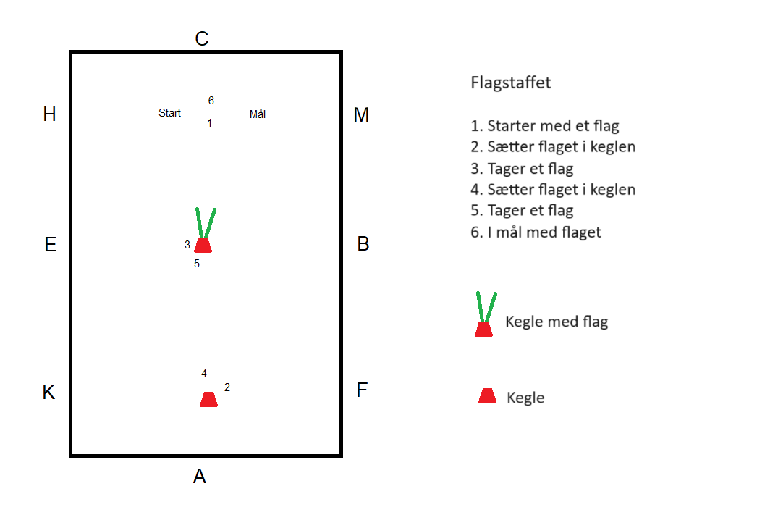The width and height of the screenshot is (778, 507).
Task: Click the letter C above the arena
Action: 202,38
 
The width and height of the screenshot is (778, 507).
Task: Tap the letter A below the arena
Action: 200,476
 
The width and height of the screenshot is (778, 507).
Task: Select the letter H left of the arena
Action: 49,114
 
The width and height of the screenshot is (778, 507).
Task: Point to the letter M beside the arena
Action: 361,114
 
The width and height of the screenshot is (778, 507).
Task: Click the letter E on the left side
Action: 50,245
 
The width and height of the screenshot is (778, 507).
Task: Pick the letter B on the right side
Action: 363,244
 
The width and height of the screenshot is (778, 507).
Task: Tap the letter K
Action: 48,392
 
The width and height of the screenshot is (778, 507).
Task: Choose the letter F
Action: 363,390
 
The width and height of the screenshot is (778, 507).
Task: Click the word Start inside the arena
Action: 170,113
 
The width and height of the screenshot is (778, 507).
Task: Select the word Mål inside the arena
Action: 258,114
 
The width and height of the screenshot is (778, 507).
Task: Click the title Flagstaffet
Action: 510,83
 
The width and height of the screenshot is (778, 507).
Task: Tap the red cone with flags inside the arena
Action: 203,244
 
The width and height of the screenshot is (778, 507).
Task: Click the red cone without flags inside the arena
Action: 208,399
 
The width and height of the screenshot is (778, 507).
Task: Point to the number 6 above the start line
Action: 211,101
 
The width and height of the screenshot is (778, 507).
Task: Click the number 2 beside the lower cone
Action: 227,387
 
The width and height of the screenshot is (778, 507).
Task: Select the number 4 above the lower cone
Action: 204,374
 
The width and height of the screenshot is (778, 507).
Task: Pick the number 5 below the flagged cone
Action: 197,264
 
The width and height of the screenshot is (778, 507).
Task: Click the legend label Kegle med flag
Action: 557,322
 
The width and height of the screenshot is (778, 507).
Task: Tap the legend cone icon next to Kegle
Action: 487,395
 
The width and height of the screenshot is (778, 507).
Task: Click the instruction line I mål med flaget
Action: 536,232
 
